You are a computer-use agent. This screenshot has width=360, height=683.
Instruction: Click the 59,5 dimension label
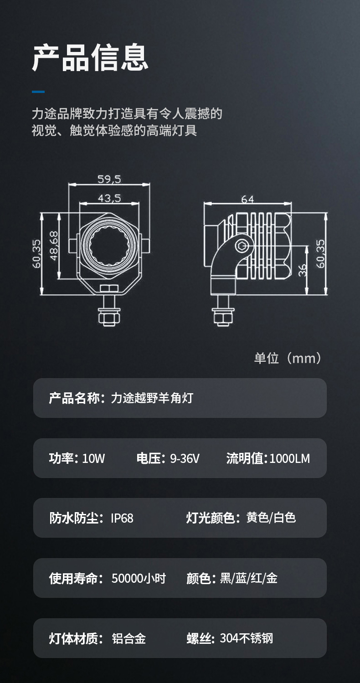click(109, 179)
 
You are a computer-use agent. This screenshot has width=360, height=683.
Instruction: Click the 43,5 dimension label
click(109, 199)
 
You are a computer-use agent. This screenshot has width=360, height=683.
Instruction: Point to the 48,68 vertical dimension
click(54, 246)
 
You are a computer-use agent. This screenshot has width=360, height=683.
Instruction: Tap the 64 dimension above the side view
click(247, 200)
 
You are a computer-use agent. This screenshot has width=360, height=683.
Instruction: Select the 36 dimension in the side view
click(302, 270)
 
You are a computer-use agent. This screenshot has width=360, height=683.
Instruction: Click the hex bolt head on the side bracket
click(242, 246)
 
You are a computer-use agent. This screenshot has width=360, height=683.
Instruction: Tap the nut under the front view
click(109, 317)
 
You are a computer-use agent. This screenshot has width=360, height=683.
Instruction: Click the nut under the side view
click(223, 317)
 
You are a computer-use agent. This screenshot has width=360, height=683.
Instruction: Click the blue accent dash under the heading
click(38, 92)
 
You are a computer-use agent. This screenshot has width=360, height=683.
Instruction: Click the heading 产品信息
click(90, 57)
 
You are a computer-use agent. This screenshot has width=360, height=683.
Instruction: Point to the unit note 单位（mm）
click(288, 358)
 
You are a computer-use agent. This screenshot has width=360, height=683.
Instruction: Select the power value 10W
click(93, 458)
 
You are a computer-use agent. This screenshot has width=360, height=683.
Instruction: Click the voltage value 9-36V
click(185, 458)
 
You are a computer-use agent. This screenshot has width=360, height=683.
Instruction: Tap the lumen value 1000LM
click(289, 458)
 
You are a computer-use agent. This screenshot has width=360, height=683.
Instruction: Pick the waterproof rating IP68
click(122, 518)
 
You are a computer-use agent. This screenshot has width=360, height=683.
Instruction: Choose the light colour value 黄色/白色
click(271, 518)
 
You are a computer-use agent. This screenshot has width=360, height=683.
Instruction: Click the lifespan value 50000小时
click(139, 578)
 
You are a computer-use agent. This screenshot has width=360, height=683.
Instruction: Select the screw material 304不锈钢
click(246, 638)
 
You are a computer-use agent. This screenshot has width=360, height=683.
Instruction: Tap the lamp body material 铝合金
click(129, 638)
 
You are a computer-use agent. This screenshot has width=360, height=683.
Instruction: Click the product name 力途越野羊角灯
click(152, 398)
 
